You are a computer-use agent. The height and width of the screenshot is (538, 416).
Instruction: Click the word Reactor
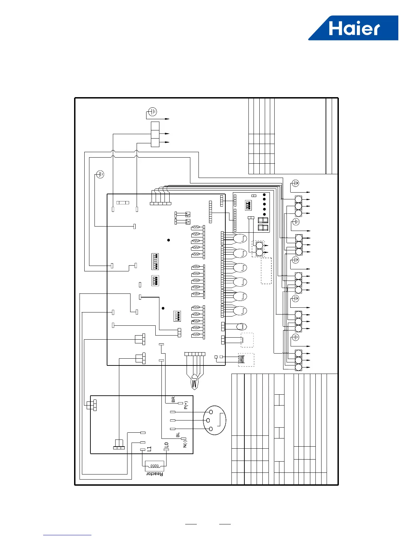coord(155,474)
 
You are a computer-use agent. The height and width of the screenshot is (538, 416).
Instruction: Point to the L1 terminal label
coord(149,449)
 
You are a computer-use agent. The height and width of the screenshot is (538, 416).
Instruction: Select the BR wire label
coord(173,399)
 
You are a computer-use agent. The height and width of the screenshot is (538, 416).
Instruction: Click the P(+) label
coord(186,405)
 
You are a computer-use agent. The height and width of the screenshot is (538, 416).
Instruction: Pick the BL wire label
coord(178,435)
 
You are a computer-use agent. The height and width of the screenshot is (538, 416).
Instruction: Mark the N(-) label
coord(185,444)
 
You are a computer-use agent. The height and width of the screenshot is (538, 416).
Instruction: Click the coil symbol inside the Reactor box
coord(154,466)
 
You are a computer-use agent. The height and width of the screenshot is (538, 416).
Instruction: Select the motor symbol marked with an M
coord(194,382)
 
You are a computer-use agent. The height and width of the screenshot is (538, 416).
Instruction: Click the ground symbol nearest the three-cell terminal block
coord(153,111)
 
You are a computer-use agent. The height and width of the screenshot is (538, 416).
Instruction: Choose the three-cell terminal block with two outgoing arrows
coord(155,134)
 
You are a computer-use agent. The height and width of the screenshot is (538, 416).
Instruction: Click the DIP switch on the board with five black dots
coord(248,205)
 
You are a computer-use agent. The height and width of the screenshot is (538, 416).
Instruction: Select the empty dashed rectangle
coord(266,271)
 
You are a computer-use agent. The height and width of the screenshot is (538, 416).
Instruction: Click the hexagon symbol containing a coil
coord(241,327)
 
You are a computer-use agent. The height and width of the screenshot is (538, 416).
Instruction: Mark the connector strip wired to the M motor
coord(195,354)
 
